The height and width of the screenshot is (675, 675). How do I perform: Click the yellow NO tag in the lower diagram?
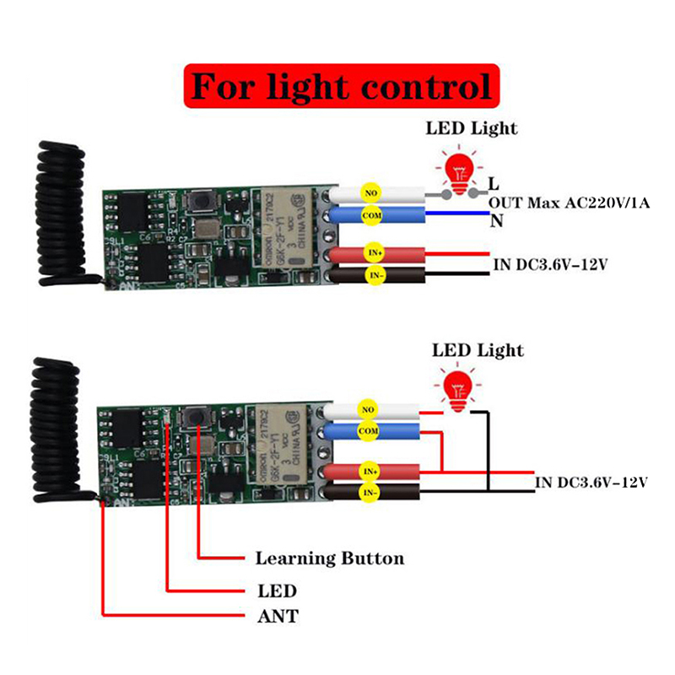(x=366, y=411)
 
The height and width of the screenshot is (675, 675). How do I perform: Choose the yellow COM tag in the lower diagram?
(x=366, y=431)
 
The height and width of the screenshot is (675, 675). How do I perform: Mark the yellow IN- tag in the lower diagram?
(x=369, y=491)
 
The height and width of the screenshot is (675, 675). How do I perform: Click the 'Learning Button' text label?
(x=329, y=559)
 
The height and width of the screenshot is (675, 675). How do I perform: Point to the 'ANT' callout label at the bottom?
(x=278, y=617)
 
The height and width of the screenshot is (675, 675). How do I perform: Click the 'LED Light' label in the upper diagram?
(x=472, y=129)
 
